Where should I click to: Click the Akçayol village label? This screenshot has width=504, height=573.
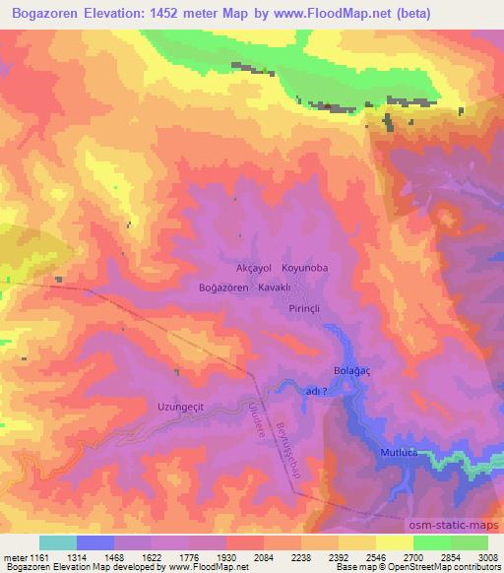(x=248, y=267)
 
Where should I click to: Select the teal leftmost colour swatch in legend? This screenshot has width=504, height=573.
(x=57, y=542)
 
